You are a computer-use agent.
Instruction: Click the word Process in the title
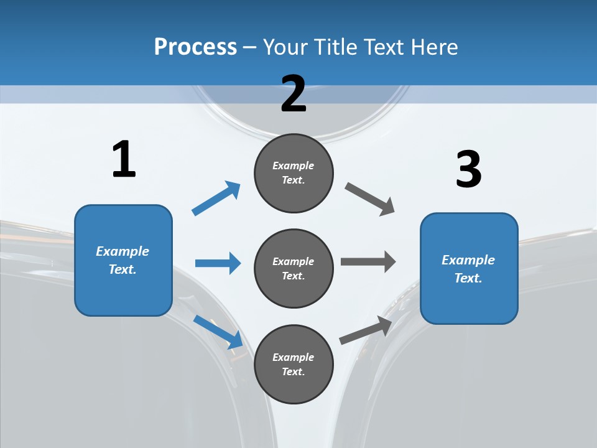tap(195, 47)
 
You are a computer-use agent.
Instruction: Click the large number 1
tap(124, 160)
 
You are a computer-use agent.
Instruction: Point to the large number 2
tap(294, 94)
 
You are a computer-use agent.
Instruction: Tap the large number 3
tap(468, 169)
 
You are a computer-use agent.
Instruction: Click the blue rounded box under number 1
tap(123, 260)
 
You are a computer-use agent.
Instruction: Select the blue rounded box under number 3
tap(469, 269)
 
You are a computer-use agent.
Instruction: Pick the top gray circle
tap(294, 173)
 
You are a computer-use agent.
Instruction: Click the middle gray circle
tap(294, 269)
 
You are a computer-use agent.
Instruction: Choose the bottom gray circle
tap(294, 365)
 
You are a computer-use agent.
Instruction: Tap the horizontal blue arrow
tap(218, 263)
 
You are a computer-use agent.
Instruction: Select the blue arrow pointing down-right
tap(218, 331)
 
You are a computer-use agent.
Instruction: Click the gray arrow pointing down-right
tap(370, 199)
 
